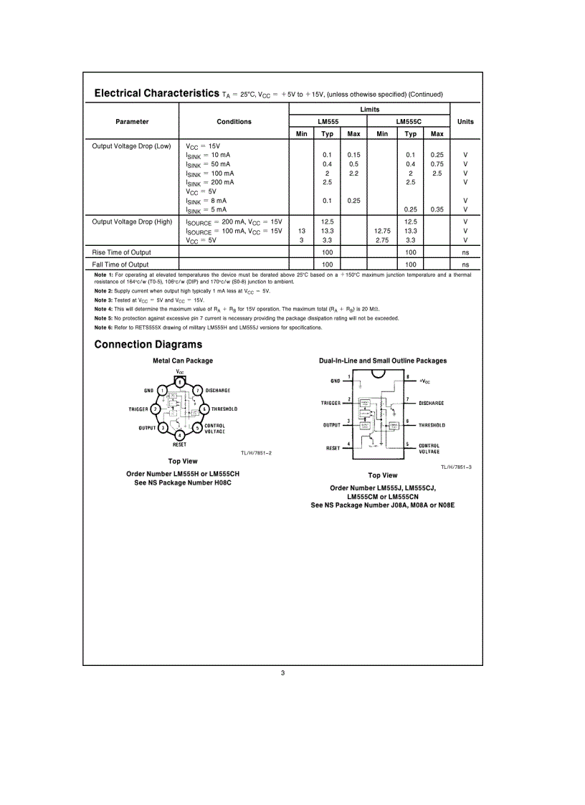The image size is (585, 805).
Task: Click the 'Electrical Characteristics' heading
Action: tap(156, 93)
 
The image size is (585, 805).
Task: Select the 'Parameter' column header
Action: tap(132, 122)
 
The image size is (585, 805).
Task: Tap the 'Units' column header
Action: tap(465, 122)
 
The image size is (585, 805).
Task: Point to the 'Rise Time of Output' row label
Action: tap(121, 252)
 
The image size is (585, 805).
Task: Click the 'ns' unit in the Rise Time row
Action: tap(465, 252)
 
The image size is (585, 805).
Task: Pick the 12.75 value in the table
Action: tap(382, 231)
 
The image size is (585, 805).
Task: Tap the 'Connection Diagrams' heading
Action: tap(148, 345)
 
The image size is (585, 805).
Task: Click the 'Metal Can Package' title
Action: tap(183, 361)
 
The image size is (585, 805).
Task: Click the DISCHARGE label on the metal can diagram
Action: tap(218, 391)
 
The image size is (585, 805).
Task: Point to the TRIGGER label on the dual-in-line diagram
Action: tap(330, 404)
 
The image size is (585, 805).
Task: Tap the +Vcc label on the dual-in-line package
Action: tap(424, 381)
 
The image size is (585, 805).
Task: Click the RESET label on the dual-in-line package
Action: tap(333, 448)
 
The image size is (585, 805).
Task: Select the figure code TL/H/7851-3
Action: tap(456, 467)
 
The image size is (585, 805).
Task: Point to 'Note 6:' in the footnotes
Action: tap(104, 328)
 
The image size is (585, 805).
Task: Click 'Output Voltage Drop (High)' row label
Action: tap(132, 222)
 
